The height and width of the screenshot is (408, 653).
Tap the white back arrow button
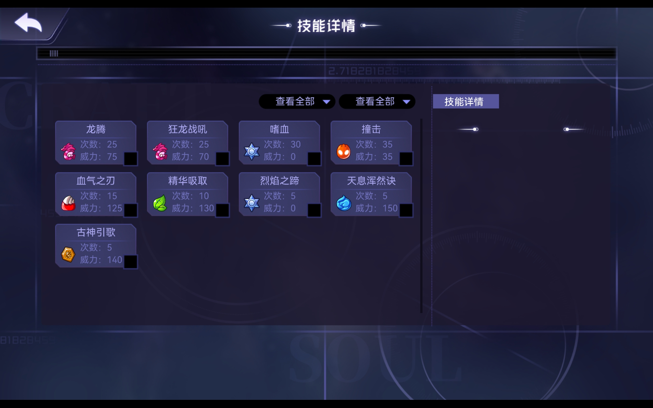[28, 23]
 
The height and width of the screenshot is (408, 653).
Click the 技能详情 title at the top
[326, 26]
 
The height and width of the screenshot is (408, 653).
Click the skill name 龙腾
[96, 129]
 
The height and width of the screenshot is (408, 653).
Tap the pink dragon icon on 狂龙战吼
[160, 151]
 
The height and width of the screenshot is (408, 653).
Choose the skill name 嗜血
[279, 129]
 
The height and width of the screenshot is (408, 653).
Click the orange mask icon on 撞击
[344, 151]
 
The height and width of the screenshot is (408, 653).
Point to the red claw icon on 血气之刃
[68, 203]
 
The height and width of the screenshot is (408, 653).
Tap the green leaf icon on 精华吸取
[160, 203]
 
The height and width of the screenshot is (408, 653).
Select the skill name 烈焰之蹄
[279, 181]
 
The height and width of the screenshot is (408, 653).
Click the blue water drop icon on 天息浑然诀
[344, 203]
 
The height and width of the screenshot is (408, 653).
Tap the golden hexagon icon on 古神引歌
[68, 254]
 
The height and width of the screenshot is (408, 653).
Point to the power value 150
[390, 208]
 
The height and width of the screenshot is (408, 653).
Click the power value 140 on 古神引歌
[115, 260]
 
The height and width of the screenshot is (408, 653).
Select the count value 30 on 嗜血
[295, 144]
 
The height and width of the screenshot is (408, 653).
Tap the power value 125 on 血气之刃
[115, 208]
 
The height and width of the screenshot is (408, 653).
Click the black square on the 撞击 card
[406, 159]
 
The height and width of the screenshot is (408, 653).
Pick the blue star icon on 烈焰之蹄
[252, 203]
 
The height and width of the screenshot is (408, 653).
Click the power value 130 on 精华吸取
[206, 208]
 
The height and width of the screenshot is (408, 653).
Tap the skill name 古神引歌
[96, 232]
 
